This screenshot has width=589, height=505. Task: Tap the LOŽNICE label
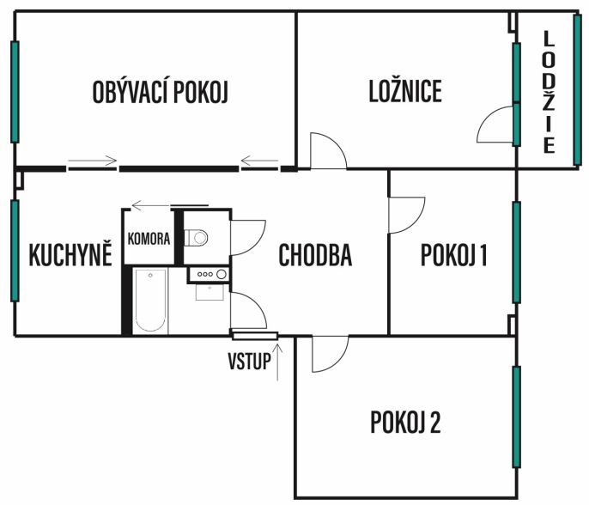(x=405, y=91)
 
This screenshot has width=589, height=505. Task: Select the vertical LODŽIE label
(x=549, y=92)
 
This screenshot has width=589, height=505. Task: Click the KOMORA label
(x=149, y=239)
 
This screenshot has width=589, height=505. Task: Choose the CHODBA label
(x=315, y=255)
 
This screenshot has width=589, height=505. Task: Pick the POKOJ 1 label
(x=453, y=255)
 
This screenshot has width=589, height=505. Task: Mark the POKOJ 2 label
(x=405, y=422)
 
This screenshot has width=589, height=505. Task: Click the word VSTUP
(x=249, y=361)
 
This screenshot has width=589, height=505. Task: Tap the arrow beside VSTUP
(x=277, y=362)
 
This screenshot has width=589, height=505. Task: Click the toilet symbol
(x=196, y=237)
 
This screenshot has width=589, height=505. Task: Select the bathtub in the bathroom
(x=150, y=301)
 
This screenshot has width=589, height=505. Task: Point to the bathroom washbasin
(x=209, y=292)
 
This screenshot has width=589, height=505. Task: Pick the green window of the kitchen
(x=15, y=251)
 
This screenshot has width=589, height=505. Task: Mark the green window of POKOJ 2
(x=517, y=417)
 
